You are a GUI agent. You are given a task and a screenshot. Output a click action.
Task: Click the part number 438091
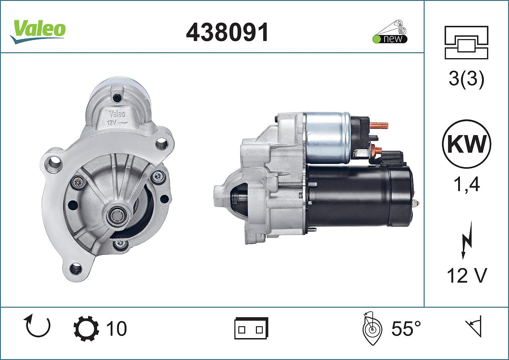[x=227, y=32]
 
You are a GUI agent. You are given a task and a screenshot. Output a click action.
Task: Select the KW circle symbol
[x=466, y=144]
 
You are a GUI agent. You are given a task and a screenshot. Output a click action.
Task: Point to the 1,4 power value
[x=466, y=185]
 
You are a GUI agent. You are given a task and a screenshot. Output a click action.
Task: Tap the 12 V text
[x=467, y=276]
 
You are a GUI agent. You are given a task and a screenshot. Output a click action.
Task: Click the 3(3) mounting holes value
[x=466, y=78]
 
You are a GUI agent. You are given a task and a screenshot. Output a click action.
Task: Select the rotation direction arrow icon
[x=37, y=326]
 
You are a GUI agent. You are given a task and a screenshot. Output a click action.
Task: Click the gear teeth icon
[x=86, y=328]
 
